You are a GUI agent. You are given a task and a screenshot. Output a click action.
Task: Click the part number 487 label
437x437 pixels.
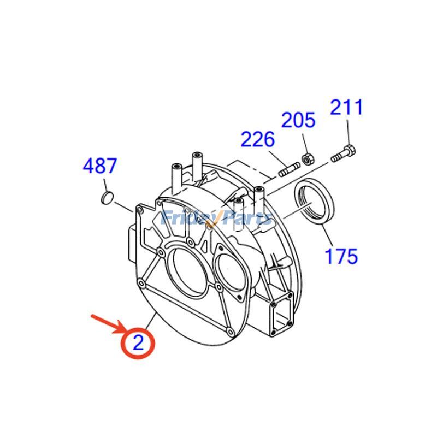pos(100,166)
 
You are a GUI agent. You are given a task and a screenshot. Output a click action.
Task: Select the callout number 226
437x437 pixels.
pos(257,139)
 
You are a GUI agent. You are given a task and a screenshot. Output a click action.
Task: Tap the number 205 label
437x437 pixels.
pos(298,120)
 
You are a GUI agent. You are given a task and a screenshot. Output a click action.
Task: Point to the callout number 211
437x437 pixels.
pos(346,107)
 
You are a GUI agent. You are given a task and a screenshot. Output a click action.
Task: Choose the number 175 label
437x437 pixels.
pos(341,256)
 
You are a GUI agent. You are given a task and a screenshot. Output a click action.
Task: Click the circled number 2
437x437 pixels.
pos(138,343)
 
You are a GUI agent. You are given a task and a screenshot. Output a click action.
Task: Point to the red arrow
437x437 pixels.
pos(110,324)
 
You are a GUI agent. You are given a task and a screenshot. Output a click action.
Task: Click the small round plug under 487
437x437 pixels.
pos(107,198)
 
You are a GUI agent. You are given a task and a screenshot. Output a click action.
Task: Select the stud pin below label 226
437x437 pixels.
pos(289,170)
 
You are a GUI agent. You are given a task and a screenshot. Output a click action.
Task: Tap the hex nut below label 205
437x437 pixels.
pos(308,160)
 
